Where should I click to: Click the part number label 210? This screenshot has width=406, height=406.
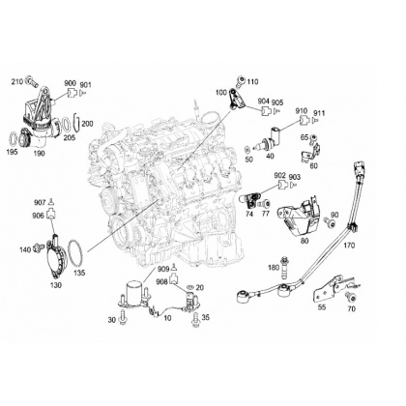[x=17, y=81]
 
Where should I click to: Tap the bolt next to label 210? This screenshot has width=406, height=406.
[x=31, y=81]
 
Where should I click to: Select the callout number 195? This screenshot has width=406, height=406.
[x=13, y=152]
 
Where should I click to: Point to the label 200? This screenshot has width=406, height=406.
[x=87, y=124]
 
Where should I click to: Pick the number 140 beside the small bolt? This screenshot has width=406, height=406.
[x=25, y=249]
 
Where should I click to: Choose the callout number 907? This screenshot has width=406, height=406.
[x=40, y=203]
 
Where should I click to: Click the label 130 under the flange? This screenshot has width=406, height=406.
[x=56, y=285]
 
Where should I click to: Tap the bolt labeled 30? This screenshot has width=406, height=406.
[x=123, y=317]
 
